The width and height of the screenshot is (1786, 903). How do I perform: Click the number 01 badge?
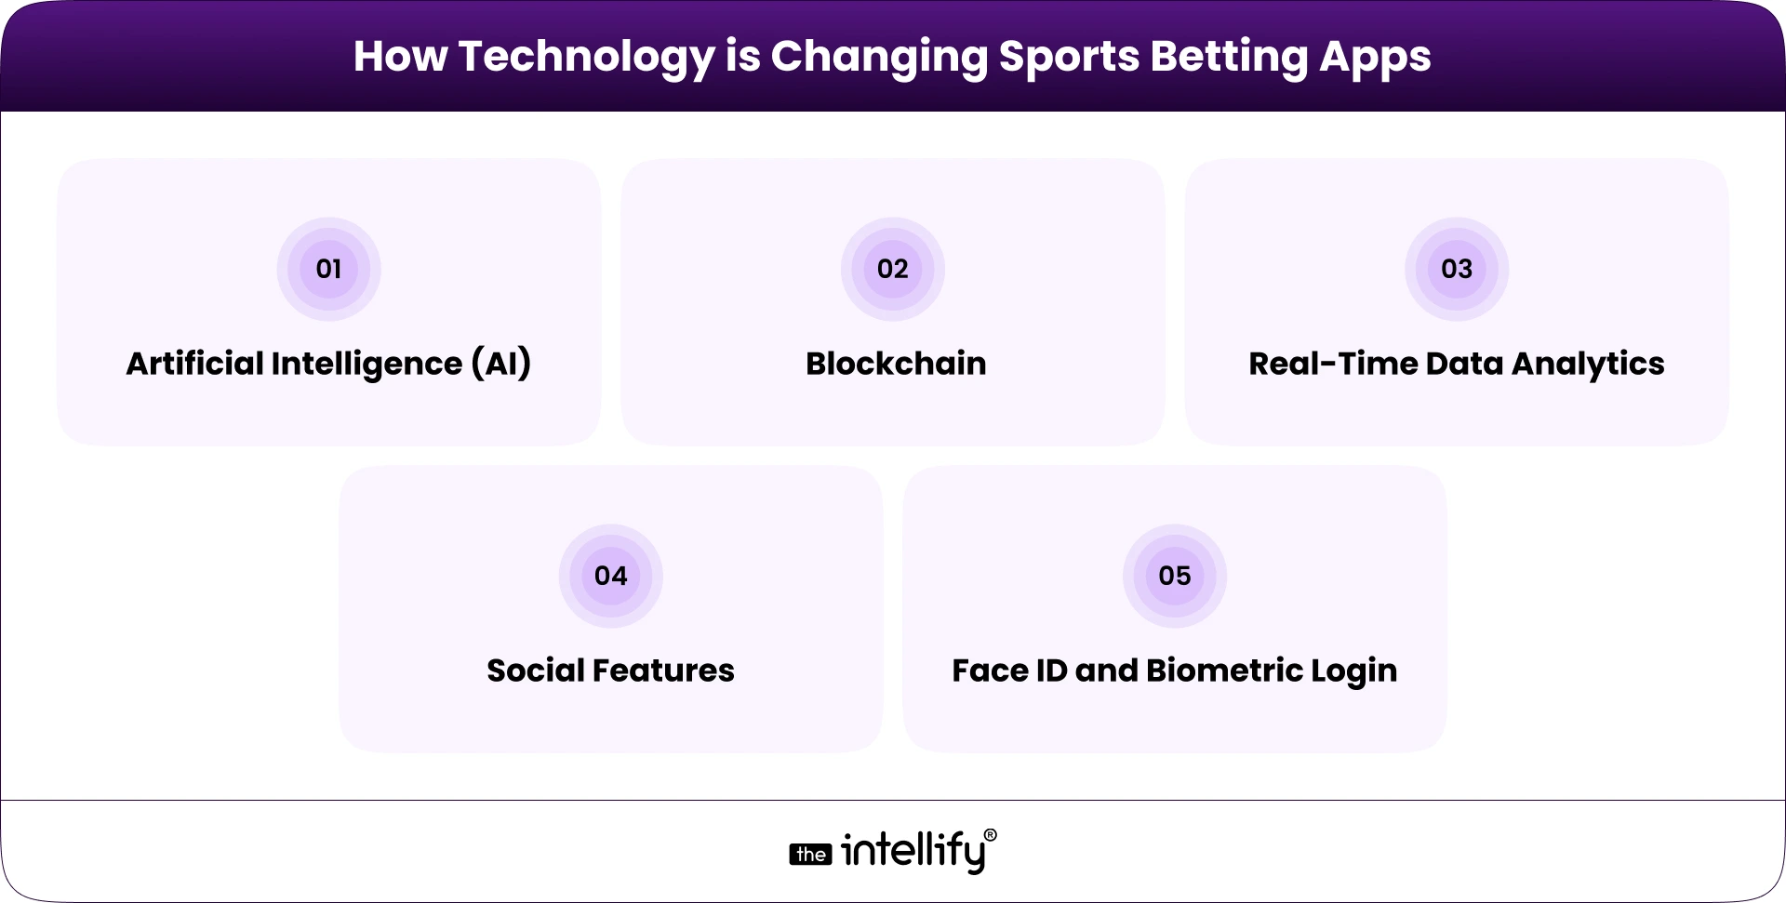(x=328, y=269)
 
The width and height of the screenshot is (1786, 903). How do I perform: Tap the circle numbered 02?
(x=892, y=269)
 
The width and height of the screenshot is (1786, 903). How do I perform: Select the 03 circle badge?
(x=1456, y=269)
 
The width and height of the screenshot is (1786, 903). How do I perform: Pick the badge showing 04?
(x=610, y=576)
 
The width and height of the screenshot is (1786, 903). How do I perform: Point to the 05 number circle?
(x=1174, y=576)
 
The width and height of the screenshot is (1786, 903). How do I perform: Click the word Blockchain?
(x=895, y=364)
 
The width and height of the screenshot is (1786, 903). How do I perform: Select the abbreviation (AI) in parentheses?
(x=500, y=364)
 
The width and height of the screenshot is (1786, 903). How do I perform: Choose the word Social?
(x=534, y=671)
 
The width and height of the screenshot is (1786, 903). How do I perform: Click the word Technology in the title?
(x=586, y=57)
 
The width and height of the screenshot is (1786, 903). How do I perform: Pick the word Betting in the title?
(x=1228, y=57)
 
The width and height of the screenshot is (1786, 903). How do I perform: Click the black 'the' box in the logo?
(x=810, y=855)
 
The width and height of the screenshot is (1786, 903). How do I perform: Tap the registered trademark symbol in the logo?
(x=990, y=835)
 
